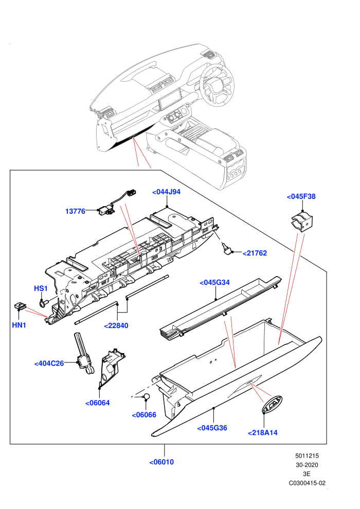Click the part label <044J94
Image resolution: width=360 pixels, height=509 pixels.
pyautogui.click(x=166, y=192)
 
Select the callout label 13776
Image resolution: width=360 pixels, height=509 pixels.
pyautogui.click(x=75, y=211)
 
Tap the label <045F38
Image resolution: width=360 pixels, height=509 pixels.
pyautogui.click(x=301, y=196)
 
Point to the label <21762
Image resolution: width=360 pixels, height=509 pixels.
pyautogui.click(x=255, y=253)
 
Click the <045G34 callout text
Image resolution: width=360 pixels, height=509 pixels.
pyautogui.click(x=214, y=282)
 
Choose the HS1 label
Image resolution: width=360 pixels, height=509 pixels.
pyautogui.click(x=41, y=288)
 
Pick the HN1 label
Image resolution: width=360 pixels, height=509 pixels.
pyautogui.click(x=19, y=325)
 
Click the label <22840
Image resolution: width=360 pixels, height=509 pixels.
pyautogui.click(x=116, y=325)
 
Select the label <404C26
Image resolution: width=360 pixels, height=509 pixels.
pyautogui.click(x=49, y=363)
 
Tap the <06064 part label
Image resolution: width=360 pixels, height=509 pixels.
pyautogui.click(x=97, y=403)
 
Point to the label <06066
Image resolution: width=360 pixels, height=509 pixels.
pyautogui.click(x=144, y=415)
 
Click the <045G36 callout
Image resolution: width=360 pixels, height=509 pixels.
pyautogui.click(x=212, y=428)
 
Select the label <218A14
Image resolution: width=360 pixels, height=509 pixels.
pyautogui.click(x=263, y=433)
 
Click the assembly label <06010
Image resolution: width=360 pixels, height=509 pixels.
pyautogui.click(x=161, y=462)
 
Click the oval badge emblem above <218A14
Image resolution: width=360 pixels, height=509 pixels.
pyautogui.click(x=273, y=405)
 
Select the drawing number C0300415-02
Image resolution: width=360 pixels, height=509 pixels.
pyautogui.click(x=307, y=483)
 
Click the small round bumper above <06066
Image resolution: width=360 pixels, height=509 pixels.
pyautogui.click(x=147, y=396)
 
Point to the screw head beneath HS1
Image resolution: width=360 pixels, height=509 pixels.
pyautogui.click(x=42, y=304)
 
